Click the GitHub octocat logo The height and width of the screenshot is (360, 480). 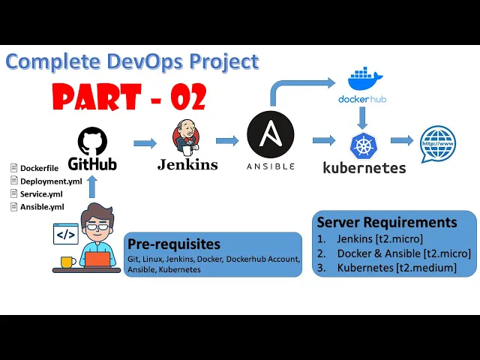pyautogui.click(x=93, y=140)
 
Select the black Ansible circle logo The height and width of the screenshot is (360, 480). pyautogui.click(x=270, y=135)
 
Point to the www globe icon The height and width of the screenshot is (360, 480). pyautogui.click(x=438, y=142)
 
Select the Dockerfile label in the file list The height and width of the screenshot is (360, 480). pyautogui.click(x=39, y=168)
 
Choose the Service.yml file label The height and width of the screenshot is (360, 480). pyautogui.click(x=41, y=193)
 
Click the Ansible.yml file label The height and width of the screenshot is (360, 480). pyautogui.click(x=42, y=206)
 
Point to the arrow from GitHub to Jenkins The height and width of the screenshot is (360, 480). pyautogui.click(x=144, y=142)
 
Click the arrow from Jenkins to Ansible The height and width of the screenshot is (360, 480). pyautogui.click(x=227, y=140)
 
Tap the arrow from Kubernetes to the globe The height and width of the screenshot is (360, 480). pyautogui.click(x=401, y=140)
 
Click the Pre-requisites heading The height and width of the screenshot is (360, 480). pyautogui.click(x=174, y=244)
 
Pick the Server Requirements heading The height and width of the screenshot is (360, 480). pyautogui.click(x=386, y=222)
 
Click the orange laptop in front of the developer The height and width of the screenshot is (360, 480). pyautogui.click(x=96, y=260)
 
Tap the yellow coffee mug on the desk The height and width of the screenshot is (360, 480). pyautogui.click(x=66, y=262)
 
